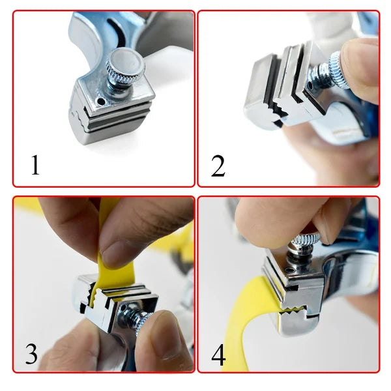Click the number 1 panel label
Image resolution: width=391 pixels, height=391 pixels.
coord(35,165)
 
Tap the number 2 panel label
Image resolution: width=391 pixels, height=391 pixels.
coord(218,166)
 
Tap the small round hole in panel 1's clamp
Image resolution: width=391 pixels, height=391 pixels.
coord(101,101)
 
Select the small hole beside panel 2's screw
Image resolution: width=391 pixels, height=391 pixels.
coord(310,85)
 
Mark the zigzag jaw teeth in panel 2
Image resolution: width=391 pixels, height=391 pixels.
coord(279,111)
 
